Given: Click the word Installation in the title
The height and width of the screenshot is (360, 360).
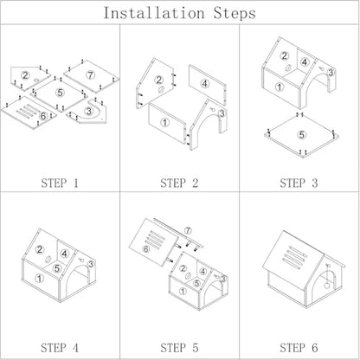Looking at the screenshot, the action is tap(154, 13).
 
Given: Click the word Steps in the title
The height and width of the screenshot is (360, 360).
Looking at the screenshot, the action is tap(235, 14).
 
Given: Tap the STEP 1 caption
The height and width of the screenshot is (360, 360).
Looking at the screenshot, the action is tap(60, 183).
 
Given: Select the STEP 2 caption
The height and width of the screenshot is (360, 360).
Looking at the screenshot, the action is tap(179, 183).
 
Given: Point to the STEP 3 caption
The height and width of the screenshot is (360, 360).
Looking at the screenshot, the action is tap(299, 183).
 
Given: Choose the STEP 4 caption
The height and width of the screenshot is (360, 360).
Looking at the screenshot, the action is tap(60, 348).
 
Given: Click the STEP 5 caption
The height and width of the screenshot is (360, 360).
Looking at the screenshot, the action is tap(179, 348).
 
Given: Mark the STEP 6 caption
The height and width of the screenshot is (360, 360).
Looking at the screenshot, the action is tap(299, 348).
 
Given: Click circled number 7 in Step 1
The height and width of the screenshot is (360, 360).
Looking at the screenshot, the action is tap(91, 75).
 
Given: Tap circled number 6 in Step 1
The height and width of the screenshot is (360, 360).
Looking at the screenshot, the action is tap(43, 116).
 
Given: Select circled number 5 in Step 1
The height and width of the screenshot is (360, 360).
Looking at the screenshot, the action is tap(60, 93).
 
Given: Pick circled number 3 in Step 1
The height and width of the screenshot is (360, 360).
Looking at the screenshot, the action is tap(89, 111).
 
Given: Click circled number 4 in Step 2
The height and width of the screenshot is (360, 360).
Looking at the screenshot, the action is tap(205, 84).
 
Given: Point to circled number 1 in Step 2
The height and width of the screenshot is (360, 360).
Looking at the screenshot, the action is tap(164, 123).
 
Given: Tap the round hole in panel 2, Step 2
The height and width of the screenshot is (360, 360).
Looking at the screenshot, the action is tap(161, 89).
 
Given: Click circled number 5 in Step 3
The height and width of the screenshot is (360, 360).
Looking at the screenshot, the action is tap(302, 135).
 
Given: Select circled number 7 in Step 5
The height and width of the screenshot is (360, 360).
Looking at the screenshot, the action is tap(188, 230).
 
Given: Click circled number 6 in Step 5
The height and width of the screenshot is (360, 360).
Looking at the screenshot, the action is tap(146, 248).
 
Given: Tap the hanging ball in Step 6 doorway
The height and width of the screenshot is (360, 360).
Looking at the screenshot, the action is tap(327, 286).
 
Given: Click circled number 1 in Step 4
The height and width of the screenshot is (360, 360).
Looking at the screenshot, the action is tap(39, 279).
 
